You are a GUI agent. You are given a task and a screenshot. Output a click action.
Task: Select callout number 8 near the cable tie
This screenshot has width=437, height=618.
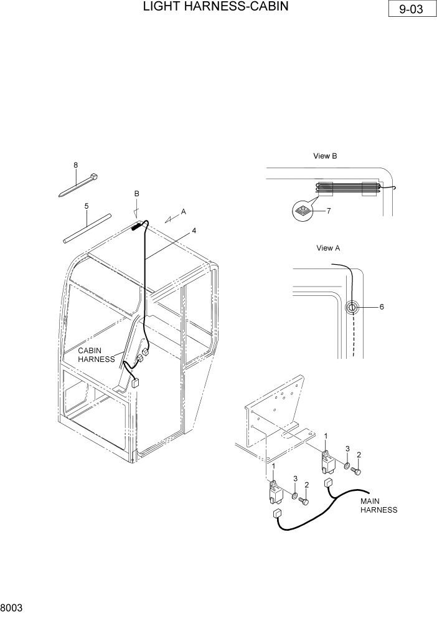[x=76, y=165]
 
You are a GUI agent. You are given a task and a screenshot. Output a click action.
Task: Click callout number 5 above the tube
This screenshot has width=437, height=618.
[x=86, y=206]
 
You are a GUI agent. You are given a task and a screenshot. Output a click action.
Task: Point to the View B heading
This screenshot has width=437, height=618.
[x=324, y=156]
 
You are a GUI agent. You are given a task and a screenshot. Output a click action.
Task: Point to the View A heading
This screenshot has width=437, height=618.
[x=328, y=247]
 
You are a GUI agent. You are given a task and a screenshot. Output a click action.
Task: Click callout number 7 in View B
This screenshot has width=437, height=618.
[x=329, y=211]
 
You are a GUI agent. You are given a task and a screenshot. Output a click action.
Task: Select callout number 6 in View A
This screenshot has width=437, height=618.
[x=382, y=307]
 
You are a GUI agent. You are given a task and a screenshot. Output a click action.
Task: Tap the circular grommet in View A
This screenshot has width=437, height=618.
[x=352, y=307]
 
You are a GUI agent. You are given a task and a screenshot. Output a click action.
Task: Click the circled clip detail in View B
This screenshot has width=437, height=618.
[x=303, y=211]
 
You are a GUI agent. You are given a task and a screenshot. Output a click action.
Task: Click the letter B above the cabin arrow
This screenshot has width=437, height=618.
[x=137, y=194]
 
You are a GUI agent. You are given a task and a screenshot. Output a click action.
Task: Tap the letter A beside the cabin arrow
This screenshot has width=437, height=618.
[x=183, y=212]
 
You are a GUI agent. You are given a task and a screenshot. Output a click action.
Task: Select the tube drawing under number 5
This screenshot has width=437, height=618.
[x=87, y=228]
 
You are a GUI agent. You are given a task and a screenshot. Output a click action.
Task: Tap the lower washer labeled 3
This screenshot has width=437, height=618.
[x=293, y=497]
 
